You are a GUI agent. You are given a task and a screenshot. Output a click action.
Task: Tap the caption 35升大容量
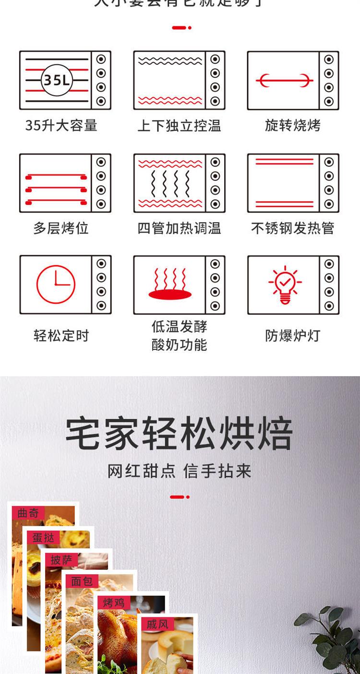(x=61, y=126)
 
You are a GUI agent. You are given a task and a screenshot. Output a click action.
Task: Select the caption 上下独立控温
(x=179, y=126)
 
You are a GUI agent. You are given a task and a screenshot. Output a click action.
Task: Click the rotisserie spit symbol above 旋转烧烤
(x=284, y=80)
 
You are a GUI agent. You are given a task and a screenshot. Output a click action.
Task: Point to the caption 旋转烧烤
(x=292, y=126)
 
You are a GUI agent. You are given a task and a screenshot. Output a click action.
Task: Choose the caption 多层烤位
(x=61, y=228)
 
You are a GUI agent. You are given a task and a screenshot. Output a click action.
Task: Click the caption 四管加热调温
(x=179, y=228)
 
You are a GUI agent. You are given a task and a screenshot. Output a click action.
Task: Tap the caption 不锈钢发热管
(x=292, y=228)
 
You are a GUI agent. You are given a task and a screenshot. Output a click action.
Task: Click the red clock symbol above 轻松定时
(x=56, y=284)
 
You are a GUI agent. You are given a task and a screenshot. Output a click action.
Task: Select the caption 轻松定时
(x=61, y=335)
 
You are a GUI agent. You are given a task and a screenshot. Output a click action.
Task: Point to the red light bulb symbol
(x=285, y=284)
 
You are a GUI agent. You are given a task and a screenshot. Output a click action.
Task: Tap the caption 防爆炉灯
(x=292, y=335)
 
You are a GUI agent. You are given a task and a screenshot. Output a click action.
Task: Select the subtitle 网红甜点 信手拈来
(x=179, y=471)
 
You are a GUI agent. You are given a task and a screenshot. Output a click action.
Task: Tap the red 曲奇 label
(x=28, y=513)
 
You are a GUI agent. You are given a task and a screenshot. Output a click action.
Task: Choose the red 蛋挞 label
(x=43, y=537)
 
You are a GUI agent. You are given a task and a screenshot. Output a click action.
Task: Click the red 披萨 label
(x=61, y=559)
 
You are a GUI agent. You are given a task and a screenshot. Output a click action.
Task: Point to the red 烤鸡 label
(x=114, y=602)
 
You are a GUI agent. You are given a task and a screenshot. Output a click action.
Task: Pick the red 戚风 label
(x=157, y=624)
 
